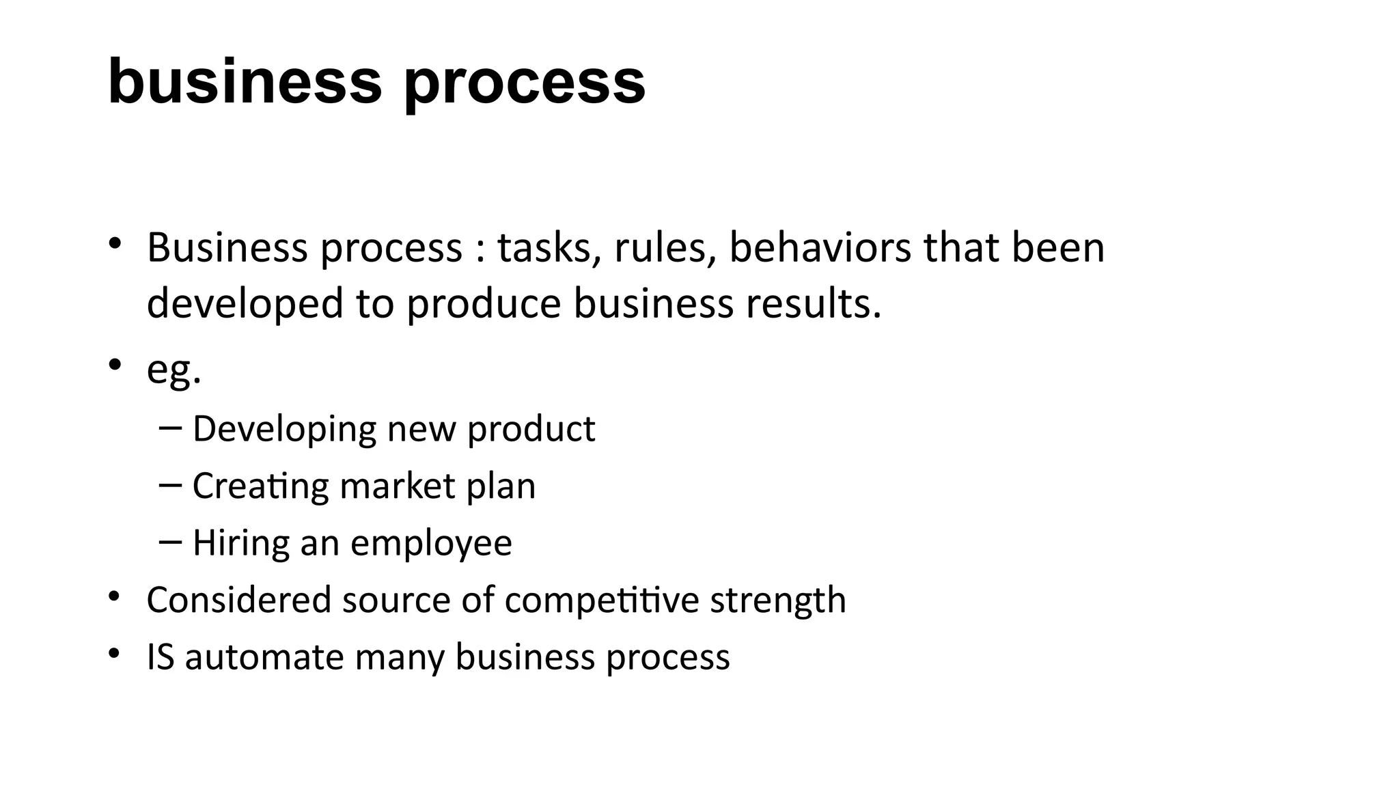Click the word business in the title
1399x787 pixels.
click(x=245, y=82)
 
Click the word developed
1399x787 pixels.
click(x=245, y=304)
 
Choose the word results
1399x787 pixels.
click(x=813, y=304)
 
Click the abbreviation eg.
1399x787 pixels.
click(x=174, y=370)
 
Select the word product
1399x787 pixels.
click(x=531, y=429)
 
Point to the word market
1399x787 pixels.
click(x=397, y=486)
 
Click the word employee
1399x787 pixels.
click(x=431, y=544)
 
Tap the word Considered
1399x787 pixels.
click(x=239, y=600)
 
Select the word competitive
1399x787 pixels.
click(x=602, y=601)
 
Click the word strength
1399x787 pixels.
click(x=778, y=601)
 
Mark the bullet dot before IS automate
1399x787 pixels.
click(x=114, y=654)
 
